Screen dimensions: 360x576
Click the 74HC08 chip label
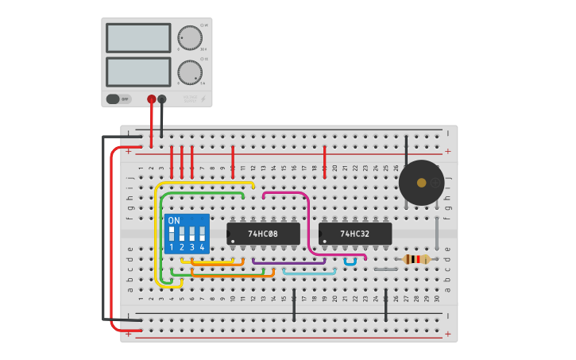coord(263,234)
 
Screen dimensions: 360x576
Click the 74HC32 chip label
coord(355,234)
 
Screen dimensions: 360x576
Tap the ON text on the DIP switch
coord(174,220)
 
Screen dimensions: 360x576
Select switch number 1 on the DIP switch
coord(172,234)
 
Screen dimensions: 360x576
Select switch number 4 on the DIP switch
coord(202,234)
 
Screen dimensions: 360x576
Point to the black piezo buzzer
coord(421,183)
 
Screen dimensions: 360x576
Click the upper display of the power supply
coord(138,38)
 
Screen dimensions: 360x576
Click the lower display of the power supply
coord(138,72)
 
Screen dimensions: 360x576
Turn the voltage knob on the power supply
coord(190,37)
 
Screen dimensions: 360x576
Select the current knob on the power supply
coord(190,72)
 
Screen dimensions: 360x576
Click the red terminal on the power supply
coord(151,99)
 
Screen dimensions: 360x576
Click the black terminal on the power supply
coord(162,99)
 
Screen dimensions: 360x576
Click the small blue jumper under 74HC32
coord(350,262)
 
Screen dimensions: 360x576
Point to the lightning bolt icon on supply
coord(202,100)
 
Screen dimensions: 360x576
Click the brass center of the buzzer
coord(422,183)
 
